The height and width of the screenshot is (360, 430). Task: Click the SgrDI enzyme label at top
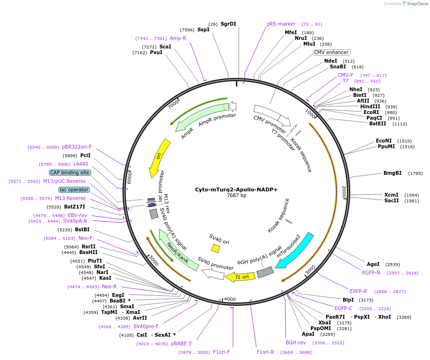228,24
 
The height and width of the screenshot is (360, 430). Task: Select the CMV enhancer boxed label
331,52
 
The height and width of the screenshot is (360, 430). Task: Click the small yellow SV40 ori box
215,248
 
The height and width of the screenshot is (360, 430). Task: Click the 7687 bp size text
236,195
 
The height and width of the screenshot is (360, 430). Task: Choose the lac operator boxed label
74,189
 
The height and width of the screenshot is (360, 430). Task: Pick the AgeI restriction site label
373,264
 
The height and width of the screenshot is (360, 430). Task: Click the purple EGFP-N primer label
371,273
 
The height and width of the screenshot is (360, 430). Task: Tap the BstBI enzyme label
82,229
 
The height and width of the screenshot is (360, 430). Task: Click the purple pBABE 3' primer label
181,344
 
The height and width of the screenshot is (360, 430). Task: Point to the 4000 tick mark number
230,299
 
